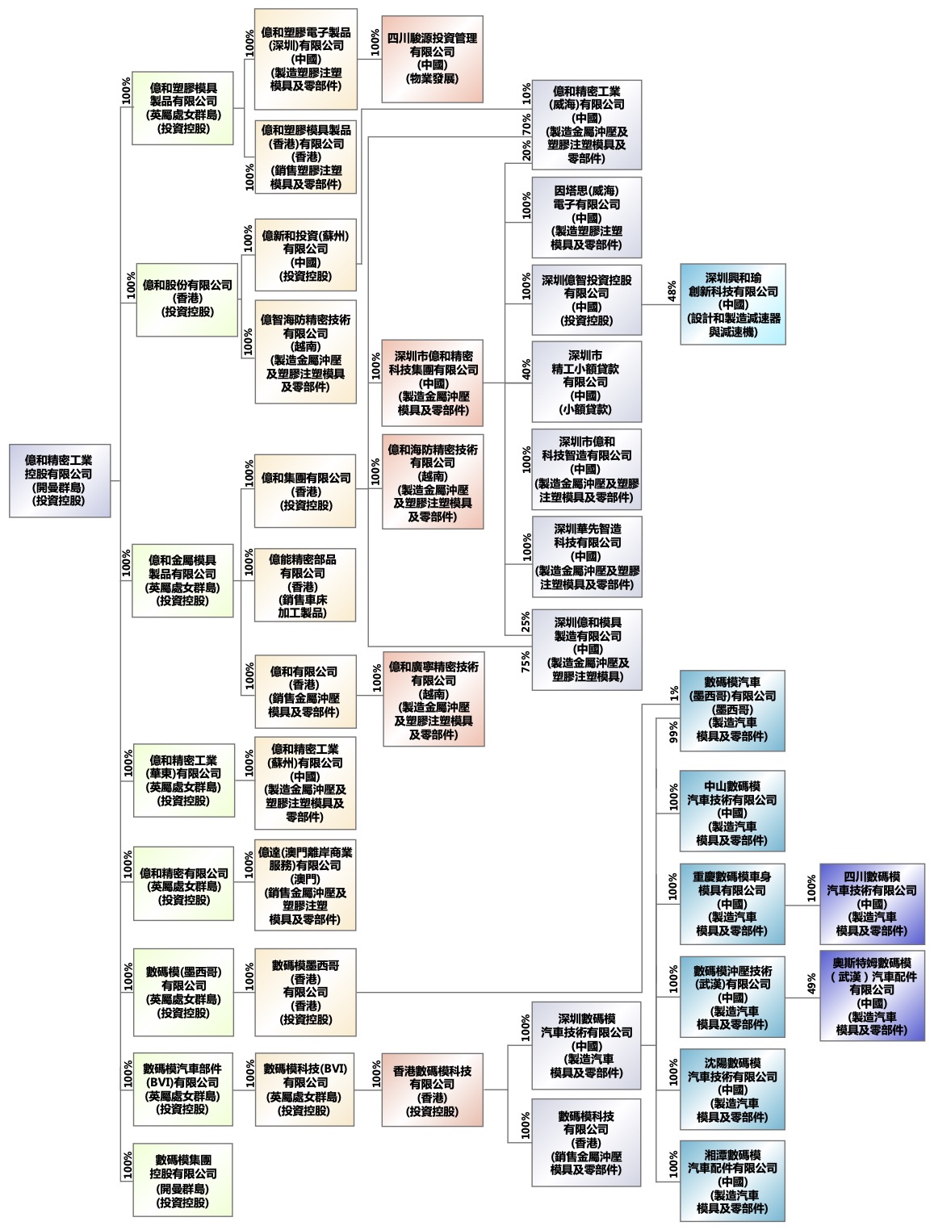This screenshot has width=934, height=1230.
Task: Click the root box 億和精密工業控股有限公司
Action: click(x=60, y=480)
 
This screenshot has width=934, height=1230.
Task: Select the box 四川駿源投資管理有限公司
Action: click(x=432, y=59)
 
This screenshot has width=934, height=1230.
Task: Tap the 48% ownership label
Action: click(x=672, y=291)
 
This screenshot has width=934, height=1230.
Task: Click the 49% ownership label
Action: click(x=811, y=985)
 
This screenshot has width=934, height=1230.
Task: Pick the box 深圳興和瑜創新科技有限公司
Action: click(x=732, y=304)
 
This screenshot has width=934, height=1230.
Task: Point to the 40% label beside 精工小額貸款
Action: click(x=526, y=370)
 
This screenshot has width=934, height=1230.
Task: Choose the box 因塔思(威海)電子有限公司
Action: click(x=586, y=218)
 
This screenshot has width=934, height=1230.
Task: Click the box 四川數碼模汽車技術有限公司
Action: click(x=872, y=904)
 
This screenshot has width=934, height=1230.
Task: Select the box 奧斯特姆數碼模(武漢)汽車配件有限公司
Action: click(x=872, y=996)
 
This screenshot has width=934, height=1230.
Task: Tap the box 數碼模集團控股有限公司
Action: click(x=182, y=1180)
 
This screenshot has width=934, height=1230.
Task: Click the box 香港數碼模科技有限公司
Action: click(x=432, y=1090)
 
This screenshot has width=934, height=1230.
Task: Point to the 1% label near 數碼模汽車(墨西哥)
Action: click(x=673, y=693)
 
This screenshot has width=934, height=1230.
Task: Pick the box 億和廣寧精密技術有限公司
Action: click(x=433, y=700)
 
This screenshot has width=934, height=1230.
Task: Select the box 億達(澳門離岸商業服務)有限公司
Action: click(x=305, y=886)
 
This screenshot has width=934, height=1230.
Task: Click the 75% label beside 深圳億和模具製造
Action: click(x=526, y=662)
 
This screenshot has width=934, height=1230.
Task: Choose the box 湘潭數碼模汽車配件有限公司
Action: click(x=732, y=1181)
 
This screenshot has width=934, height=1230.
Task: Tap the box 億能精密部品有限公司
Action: click(x=304, y=585)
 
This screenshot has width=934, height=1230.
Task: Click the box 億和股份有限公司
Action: click(x=187, y=299)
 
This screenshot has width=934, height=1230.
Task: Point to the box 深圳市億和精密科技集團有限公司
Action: click(x=433, y=383)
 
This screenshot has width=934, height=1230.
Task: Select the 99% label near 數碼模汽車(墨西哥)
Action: click(x=673, y=732)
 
